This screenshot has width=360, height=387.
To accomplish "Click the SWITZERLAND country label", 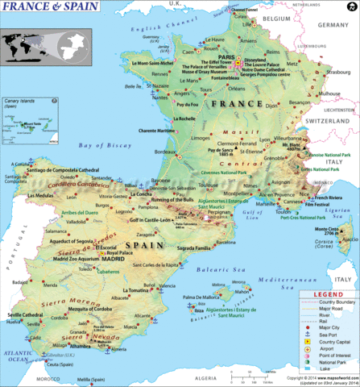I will pyautogui.click(x=331, y=131).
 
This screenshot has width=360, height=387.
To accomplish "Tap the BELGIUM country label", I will pyautogui.click(x=275, y=17).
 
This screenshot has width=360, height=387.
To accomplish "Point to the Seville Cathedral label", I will pyautogui.click(x=26, y=314).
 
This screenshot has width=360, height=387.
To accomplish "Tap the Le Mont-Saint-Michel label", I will pyautogui.click(x=132, y=63).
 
